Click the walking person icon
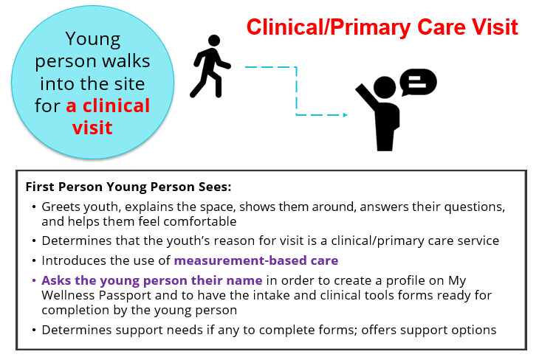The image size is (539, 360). click(210, 66)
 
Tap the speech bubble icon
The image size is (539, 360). click(419, 82)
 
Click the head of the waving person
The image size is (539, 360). click(384, 87)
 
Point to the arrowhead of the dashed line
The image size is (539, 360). click(345, 115)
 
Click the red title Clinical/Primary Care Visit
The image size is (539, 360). click(382, 27)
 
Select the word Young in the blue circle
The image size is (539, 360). click(93, 38)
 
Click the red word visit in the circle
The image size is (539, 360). click(92, 128)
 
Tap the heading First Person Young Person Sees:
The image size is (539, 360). click(128, 187)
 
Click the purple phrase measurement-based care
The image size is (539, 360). click(256, 260)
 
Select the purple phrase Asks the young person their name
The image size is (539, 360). click(152, 280)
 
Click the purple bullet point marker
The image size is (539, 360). click(34, 280)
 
